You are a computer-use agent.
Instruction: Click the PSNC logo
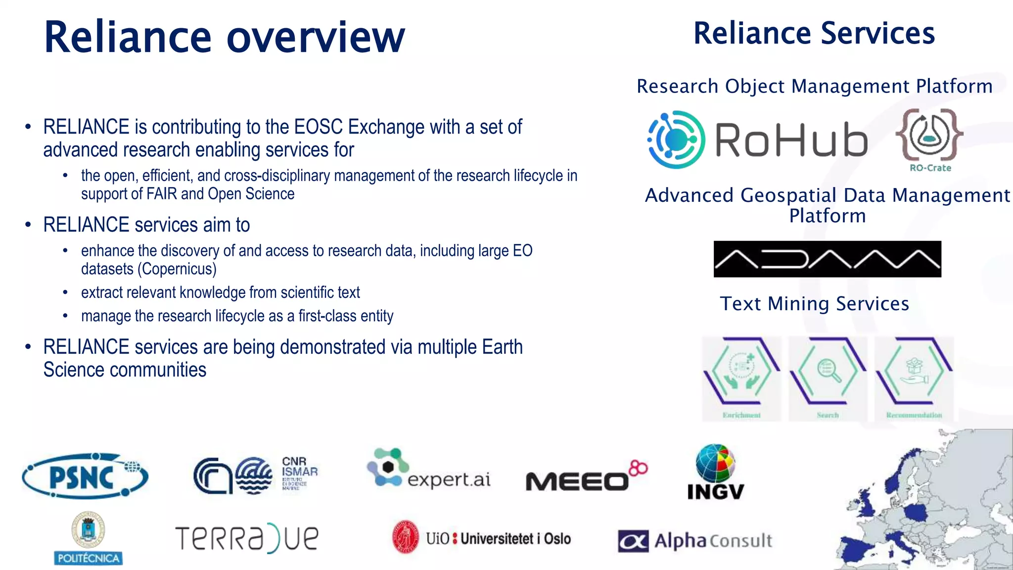(85, 476)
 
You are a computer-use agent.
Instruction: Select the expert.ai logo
(428, 469)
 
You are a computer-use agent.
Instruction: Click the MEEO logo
(586, 477)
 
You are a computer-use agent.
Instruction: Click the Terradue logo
(247, 538)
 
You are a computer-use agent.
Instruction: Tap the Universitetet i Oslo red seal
(406, 537)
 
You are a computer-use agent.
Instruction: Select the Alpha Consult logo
(695, 540)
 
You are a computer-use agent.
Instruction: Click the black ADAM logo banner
(827, 259)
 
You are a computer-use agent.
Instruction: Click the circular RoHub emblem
(676, 140)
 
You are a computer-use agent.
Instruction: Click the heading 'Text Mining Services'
(814, 303)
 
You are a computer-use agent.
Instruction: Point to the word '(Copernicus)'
(177, 269)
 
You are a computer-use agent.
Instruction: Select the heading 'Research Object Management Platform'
(814, 86)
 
